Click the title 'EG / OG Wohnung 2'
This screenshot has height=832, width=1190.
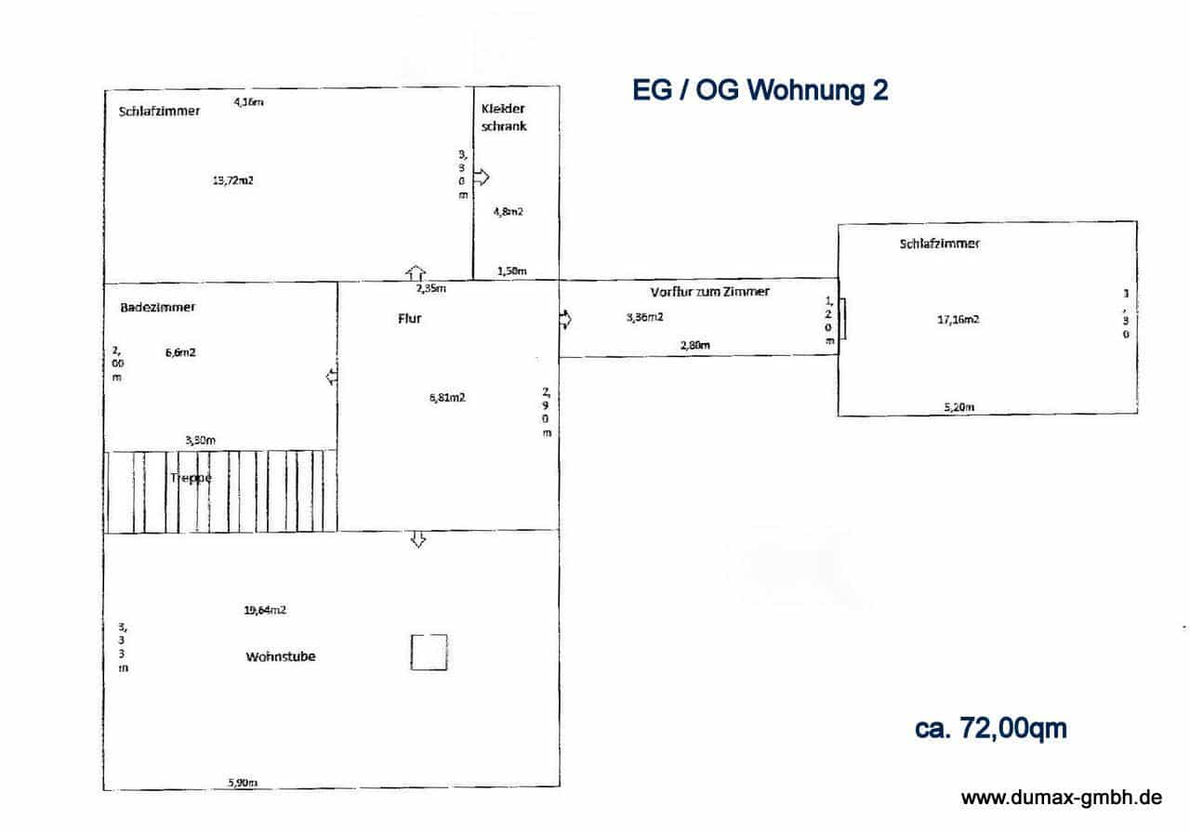[760, 90]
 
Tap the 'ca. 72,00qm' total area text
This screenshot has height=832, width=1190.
[990, 729]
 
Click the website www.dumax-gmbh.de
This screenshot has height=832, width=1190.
[1061, 798]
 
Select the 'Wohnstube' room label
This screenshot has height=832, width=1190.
[281, 656]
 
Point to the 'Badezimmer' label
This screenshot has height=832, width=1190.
[158, 307]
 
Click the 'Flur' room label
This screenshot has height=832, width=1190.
[410, 318]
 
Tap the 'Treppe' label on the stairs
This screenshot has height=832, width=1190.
[191, 478]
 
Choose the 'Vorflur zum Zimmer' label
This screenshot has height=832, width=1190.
[710, 292]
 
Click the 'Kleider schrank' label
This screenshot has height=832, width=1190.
[504, 117]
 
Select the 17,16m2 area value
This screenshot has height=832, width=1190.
[958, 319]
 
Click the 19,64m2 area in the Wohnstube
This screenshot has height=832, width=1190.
[265, 611]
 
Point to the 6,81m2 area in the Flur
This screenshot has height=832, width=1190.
[446, 397]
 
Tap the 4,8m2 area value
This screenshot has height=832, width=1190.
[508, 211]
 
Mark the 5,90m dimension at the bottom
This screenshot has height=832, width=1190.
[243, 783]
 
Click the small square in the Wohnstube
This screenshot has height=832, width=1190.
[429, 653]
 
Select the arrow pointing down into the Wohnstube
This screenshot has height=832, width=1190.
[418, 539]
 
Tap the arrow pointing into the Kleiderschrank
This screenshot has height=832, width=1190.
[482, 177]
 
